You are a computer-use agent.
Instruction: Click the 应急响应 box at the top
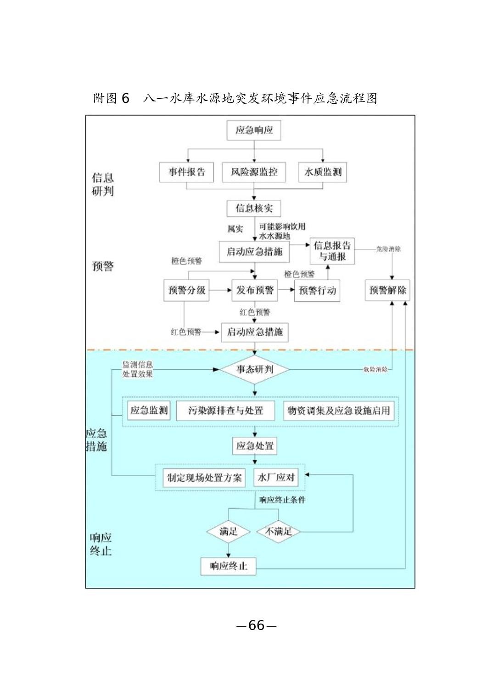pos(254,130)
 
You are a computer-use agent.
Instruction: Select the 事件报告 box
pos(186,173)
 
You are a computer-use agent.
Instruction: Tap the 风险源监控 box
pos(254,173)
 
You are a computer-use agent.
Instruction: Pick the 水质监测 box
pos(323,173)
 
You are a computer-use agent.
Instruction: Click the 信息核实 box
pos(254,208)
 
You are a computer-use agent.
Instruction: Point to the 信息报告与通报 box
pos(332,251)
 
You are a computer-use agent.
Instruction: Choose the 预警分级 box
pos(186,290)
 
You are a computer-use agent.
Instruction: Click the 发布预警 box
pos(255,290)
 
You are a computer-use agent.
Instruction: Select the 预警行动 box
pos(317,291)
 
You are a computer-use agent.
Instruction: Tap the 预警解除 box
pos(388,290)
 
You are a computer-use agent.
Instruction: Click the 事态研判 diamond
pos(255,369)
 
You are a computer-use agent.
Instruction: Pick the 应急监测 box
pos(149,411)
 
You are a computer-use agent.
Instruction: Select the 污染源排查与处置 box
pos(226,411)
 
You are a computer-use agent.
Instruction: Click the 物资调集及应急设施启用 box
pos(339,411)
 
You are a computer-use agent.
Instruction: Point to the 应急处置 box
pos(255,445)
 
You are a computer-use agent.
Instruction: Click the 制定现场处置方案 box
pos(204,478)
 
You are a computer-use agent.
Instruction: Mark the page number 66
pos(256,625)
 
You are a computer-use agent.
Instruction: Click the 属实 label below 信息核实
pos(235,229)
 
